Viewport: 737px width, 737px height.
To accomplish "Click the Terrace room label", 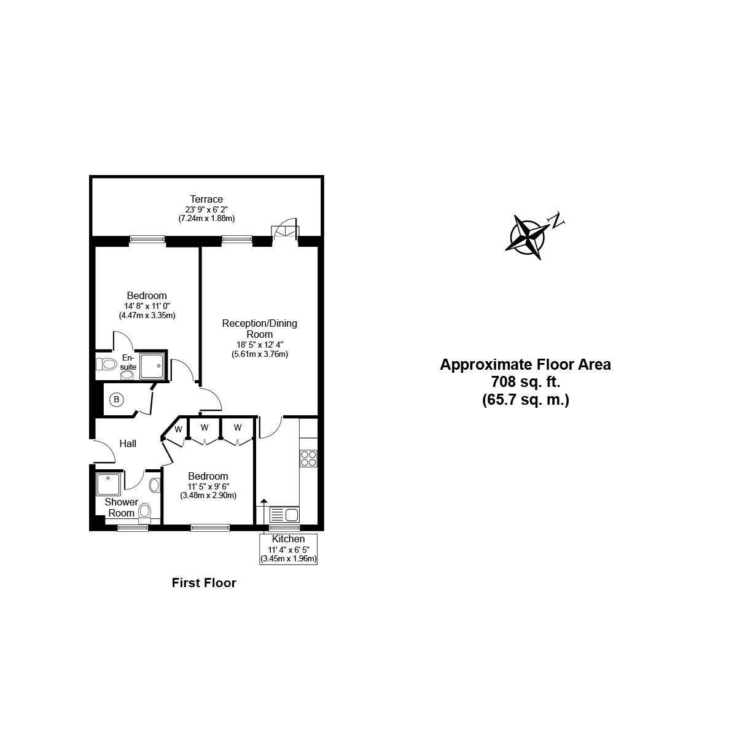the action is (206, 199).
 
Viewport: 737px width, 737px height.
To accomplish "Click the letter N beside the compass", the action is (558, 220).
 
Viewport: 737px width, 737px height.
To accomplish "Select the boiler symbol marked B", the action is (117, 400).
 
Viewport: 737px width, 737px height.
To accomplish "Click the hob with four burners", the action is (308, 458).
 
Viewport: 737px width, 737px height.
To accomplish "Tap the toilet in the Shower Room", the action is (145, 512).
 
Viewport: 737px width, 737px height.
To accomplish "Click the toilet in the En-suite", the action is (107, 364).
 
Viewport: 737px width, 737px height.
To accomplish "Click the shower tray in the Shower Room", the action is (109, 483).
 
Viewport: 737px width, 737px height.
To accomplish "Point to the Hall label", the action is (128, 443).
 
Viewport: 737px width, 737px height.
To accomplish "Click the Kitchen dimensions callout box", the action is (288, 548).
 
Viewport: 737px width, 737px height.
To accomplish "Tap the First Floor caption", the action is (204, 583).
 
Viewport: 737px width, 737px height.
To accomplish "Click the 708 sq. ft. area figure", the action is (525, 382).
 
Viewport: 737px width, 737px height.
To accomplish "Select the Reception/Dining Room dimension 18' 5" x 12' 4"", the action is (260, 345).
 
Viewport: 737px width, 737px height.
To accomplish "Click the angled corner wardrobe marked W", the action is (177, 430).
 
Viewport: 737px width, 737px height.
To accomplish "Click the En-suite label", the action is (128, 362).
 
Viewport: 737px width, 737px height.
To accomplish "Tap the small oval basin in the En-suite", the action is (128, 375).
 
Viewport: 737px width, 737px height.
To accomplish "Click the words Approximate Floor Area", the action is (525, 364).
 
